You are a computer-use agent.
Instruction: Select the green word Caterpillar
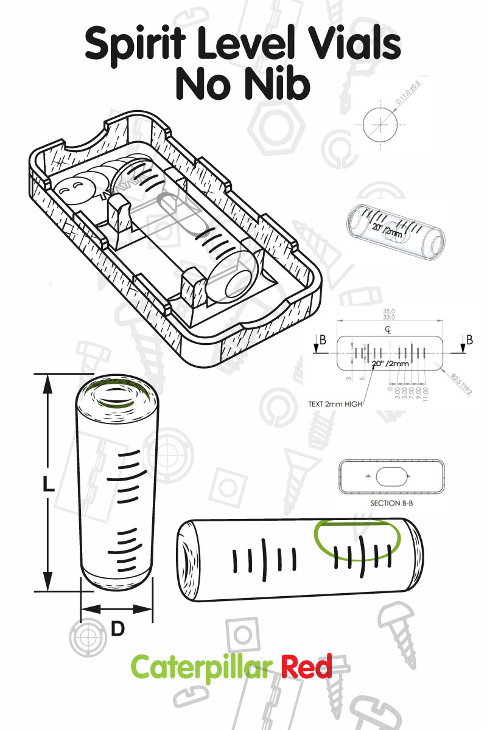(201, 667)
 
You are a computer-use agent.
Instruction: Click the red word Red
(307, 667)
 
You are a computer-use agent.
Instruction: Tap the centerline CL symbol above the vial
(388, 329)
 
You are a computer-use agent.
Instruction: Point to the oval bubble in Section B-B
(391, 478)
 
